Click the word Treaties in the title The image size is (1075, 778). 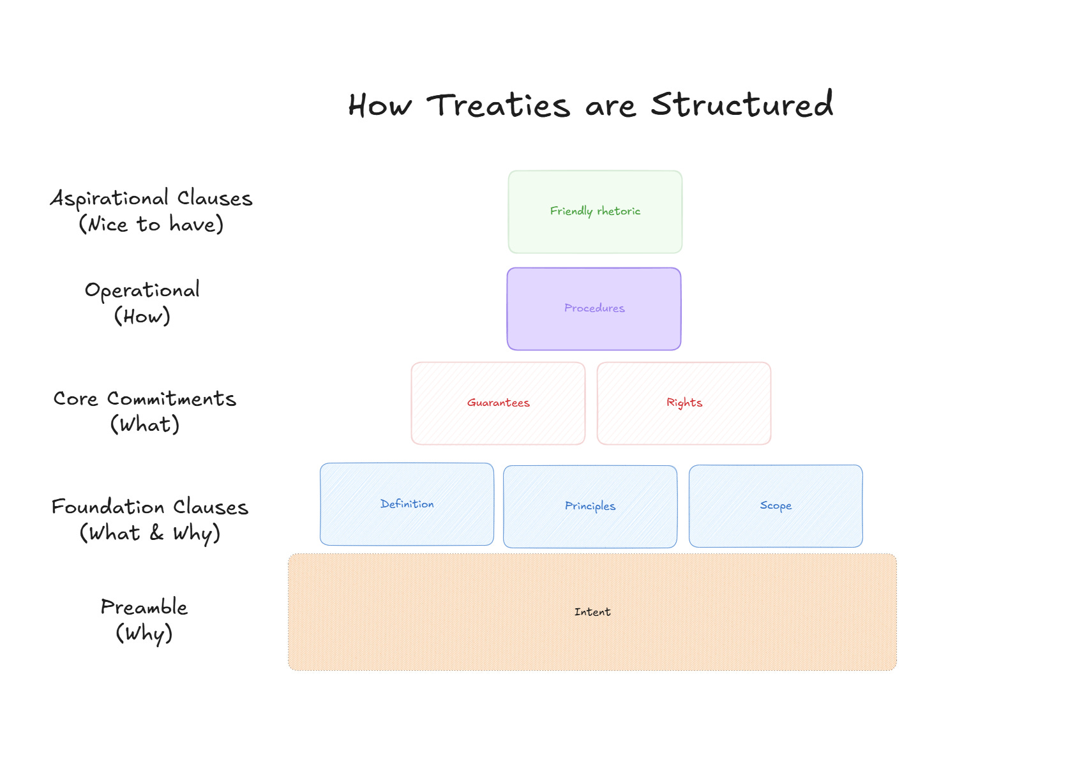(498, 105)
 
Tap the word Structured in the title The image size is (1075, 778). (742, 104)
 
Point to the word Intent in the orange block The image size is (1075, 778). (592, 612)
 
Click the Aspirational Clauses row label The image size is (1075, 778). (151, 198)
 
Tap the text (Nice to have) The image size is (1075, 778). (151, 225)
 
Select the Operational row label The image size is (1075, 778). (142, 290)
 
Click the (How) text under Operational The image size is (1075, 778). (142, 317)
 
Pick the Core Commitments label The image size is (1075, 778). (145, 399)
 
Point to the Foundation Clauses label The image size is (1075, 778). (150, 507)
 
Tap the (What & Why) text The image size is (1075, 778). (150, 533)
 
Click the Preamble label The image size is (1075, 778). (144, 607)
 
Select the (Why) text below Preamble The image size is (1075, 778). (144, 634)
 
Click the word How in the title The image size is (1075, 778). (380, 106)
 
